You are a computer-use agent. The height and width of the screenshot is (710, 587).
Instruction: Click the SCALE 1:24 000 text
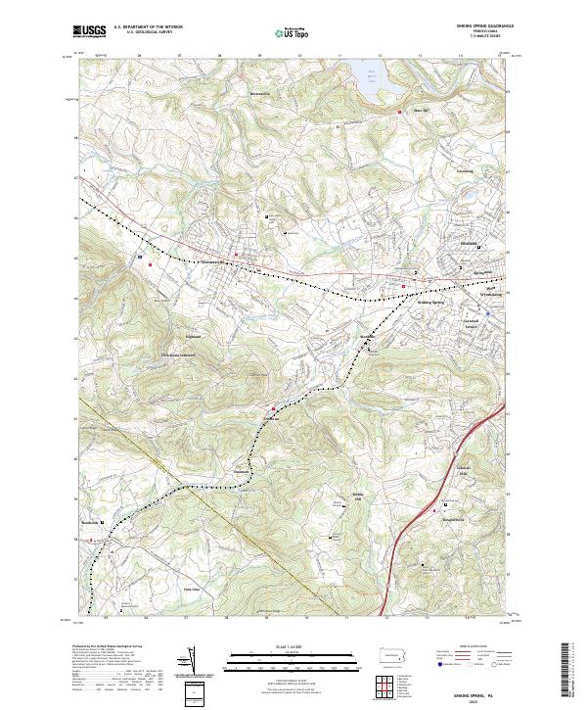pyautogui.click(x=293, y=647)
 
